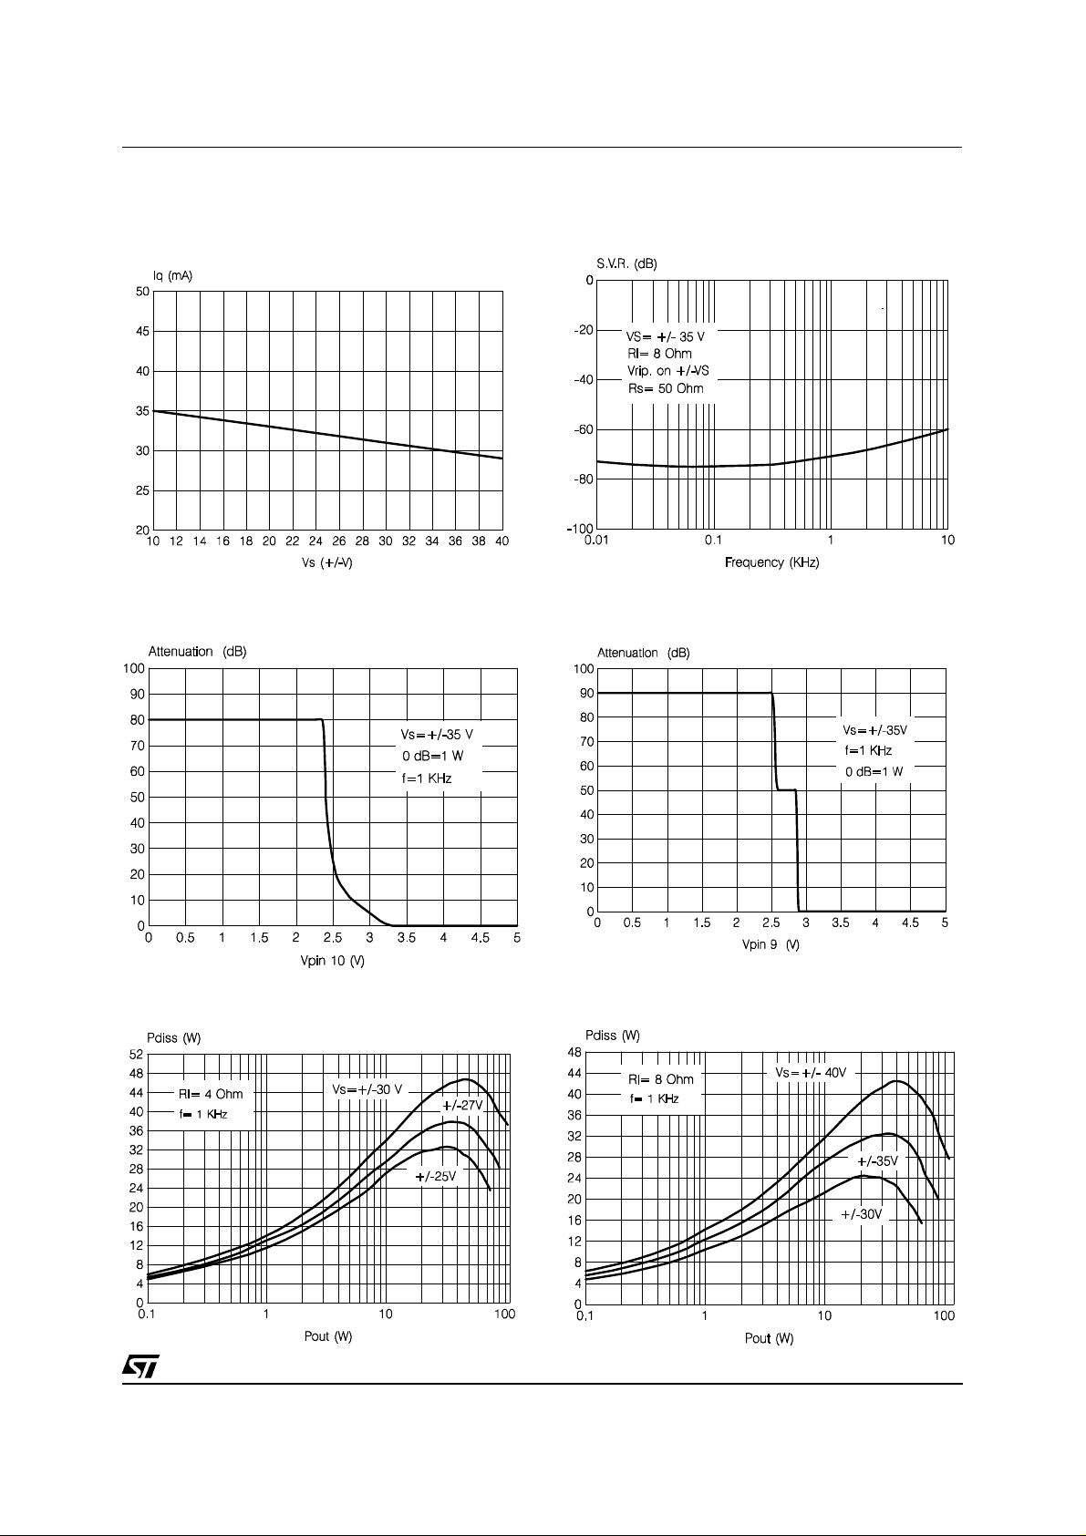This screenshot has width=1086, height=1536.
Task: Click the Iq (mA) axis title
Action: pos(172,275)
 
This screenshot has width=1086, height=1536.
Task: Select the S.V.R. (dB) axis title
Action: pos(626,264)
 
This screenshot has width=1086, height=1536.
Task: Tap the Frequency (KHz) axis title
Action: pos(771,562)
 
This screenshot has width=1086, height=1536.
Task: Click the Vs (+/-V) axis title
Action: pos(327,562)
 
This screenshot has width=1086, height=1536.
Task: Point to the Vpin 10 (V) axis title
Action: pos(332,961)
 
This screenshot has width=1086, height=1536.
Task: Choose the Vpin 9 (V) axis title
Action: pos(771,944)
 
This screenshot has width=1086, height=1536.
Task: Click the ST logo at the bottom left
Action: pos(140,1366)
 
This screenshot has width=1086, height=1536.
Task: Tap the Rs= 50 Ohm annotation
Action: pos(666,389)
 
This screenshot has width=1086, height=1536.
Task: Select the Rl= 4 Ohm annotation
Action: pos(211,1094)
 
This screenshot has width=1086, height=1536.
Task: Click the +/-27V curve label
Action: pos(462,1106)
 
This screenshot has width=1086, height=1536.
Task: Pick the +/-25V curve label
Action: pos(436,1176)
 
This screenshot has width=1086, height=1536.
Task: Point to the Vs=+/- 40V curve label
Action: pos(811,1072)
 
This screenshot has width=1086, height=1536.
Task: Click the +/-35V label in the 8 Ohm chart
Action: pos(877,1161)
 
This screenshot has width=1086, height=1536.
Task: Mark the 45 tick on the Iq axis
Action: pos(142,331)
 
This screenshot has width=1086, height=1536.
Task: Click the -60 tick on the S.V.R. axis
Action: pos(584,430)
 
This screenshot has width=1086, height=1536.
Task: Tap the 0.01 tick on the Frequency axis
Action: pos(596,541)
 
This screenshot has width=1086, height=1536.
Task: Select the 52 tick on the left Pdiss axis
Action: pos(137,1054)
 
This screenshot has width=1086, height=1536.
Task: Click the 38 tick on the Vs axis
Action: pos(479,541)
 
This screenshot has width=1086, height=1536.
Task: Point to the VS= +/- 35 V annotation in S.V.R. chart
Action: pos(665,336)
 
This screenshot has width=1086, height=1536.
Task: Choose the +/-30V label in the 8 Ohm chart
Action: pos(862,1214)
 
